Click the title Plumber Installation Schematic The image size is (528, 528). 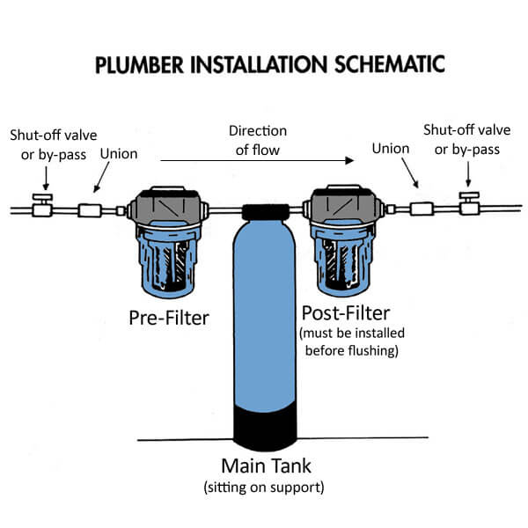click(264, 64)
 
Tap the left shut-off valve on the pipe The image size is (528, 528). click(39, 208)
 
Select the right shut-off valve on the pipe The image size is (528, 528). click(470, 208)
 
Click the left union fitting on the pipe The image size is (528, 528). click(90, 210)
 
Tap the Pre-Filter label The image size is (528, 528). click(167, 318)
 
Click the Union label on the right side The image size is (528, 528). click(391, 149)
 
